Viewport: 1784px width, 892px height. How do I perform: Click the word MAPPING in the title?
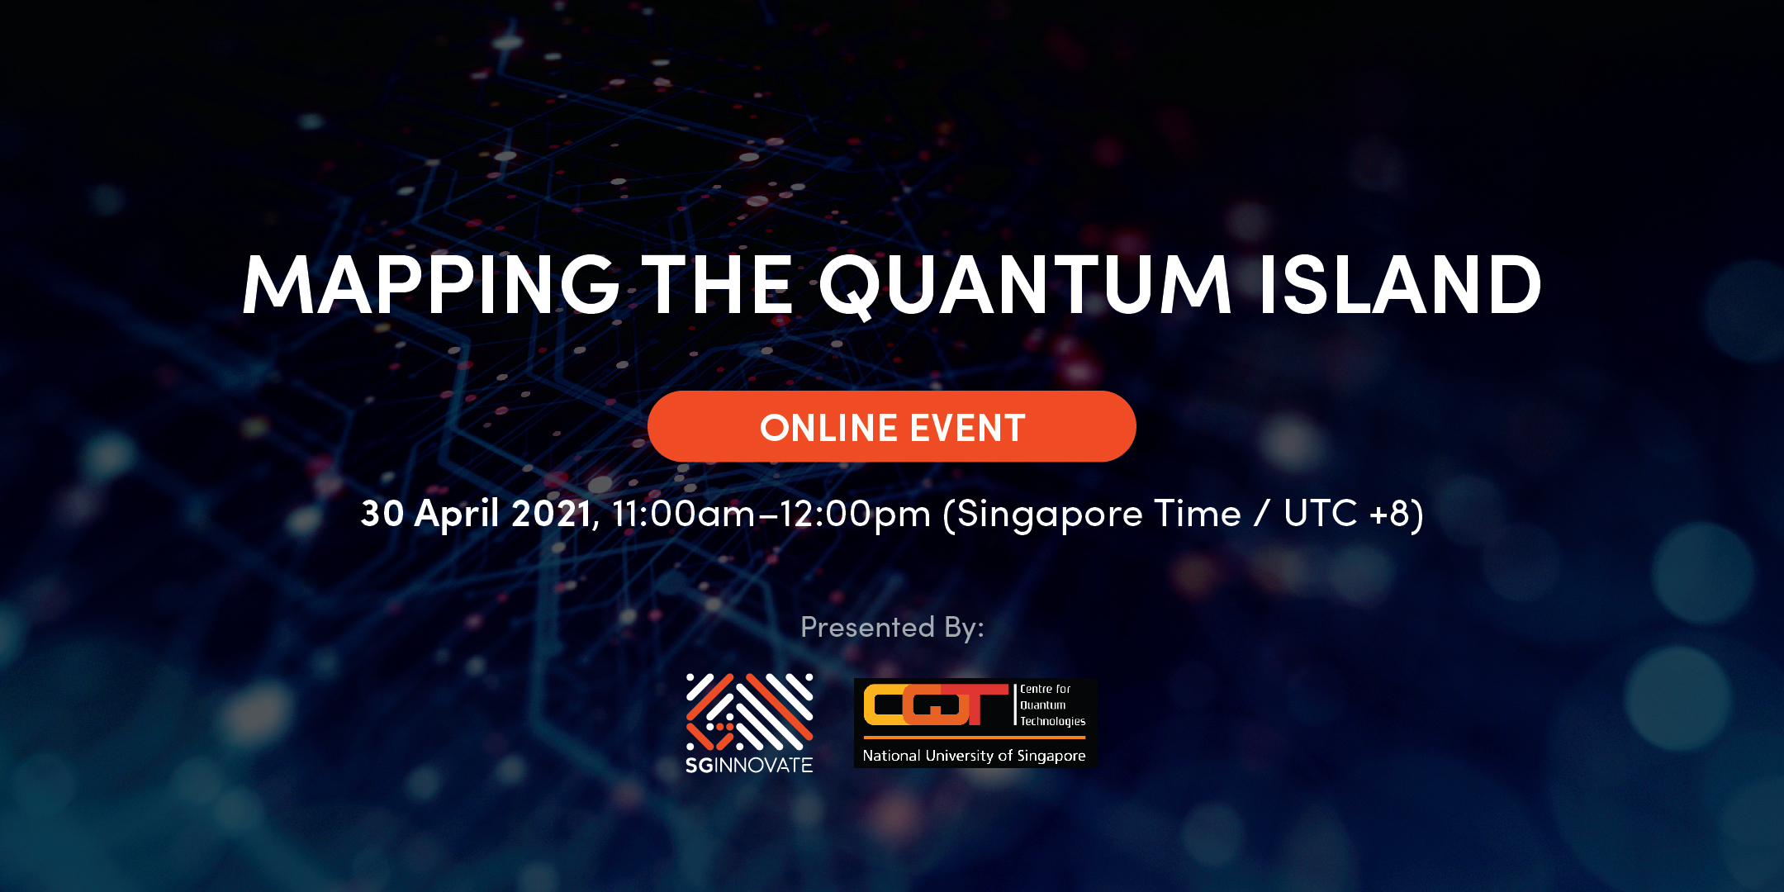pyautogui.click(x=431, y=285)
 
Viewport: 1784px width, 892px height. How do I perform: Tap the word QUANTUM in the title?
pyautogui.click(x=1027, y=287)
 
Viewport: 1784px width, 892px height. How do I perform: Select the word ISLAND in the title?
pyautogui.click(x=1401, y=285)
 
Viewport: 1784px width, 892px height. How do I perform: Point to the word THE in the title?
pyautogui.click(x=718, y=285)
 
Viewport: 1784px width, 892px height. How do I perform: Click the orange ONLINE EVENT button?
pyautogui.click(x=892, y=426)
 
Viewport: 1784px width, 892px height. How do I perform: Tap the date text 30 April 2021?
pyautogui.click(x=476, y=514)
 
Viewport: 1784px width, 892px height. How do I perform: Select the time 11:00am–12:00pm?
pyautogui.click(x=771, y=514)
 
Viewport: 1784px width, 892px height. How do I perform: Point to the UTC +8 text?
pyautogui.click(x=1347, y=513)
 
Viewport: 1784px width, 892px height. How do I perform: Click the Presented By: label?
pyautogui.click(x=892, y=628)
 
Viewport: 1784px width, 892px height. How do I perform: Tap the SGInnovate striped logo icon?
pyautogui.click(x=749, y=712)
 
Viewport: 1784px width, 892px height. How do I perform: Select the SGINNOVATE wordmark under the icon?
pyautogui.click(x=749, y=766)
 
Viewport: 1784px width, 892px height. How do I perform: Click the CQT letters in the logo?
pyautogui.click(x=936, y=705)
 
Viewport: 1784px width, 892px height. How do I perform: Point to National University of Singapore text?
pyautogui.click(x=975, y=756)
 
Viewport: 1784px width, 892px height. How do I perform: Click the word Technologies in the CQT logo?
pyautogui.click(x=1053, y=721)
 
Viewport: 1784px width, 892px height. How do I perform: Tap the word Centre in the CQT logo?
pyautogui.click(x=1035, y=689)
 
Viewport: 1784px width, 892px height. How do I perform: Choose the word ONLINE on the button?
pyautogui.click(x=829, y=428)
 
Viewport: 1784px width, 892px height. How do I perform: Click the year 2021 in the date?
pyautogui.click(x=551, y=513)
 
